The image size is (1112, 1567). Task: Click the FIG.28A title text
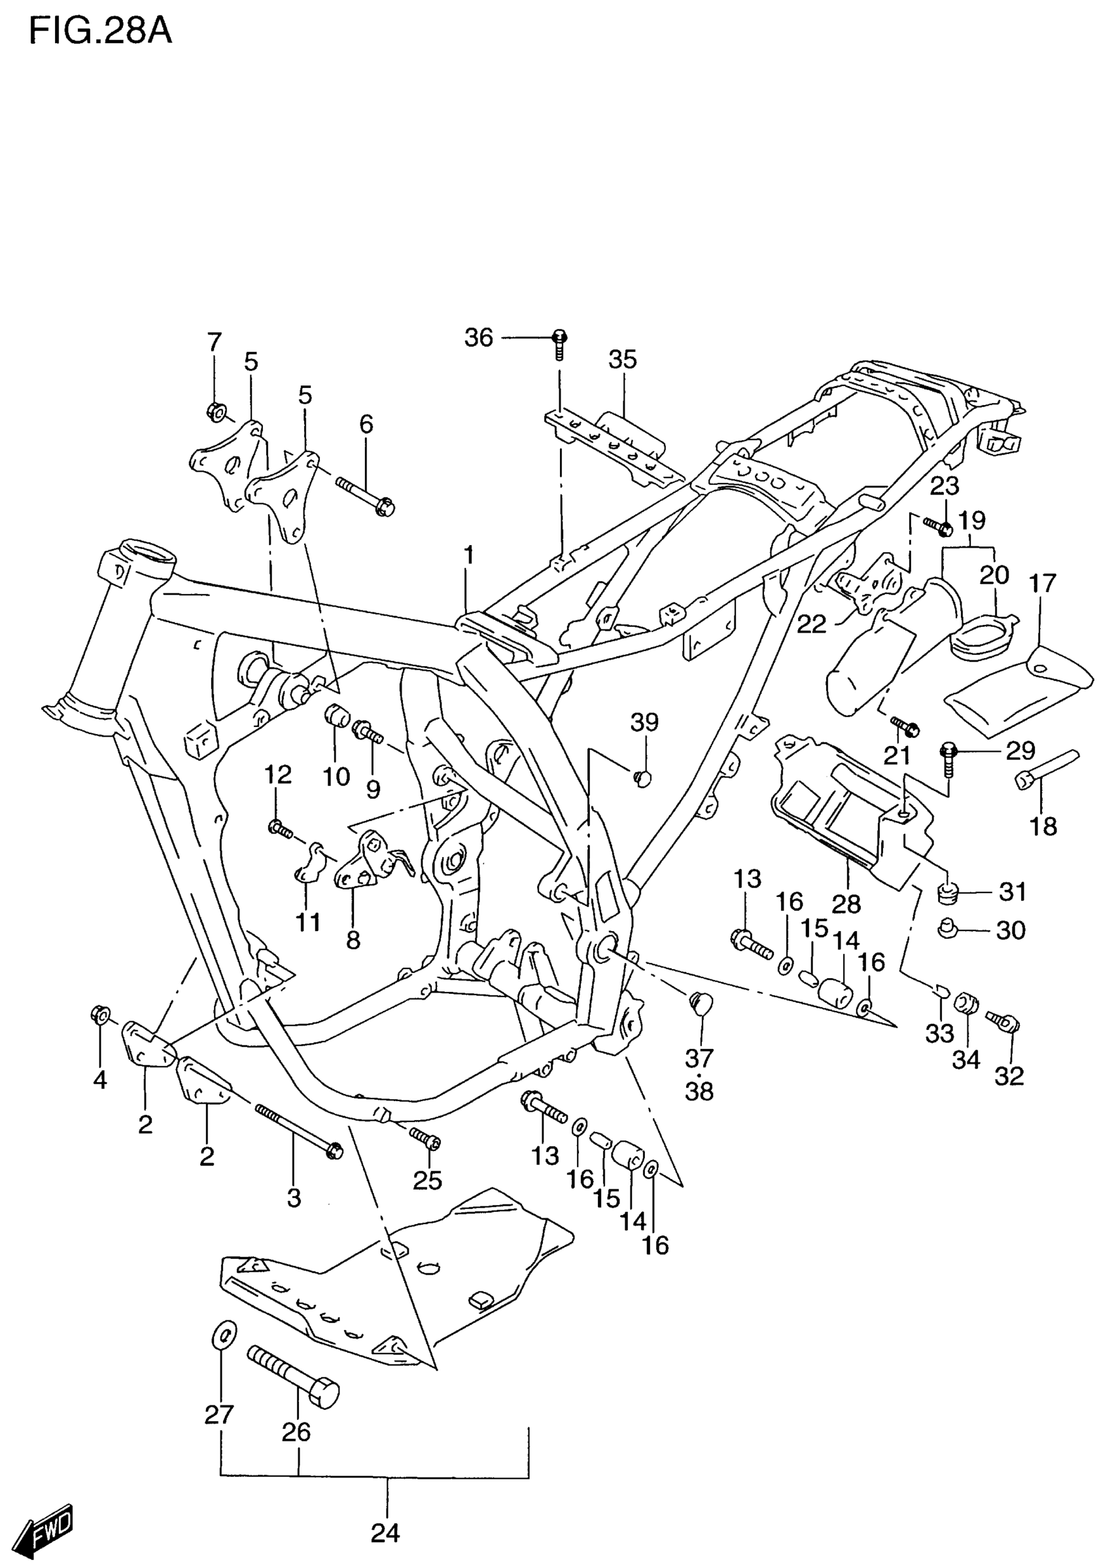100,31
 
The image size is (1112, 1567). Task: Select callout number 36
479,338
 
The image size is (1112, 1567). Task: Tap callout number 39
644,722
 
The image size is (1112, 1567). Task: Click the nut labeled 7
215,412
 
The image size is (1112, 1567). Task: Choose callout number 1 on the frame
468,555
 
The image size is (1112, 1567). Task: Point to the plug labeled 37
701,1002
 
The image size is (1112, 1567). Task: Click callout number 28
846,904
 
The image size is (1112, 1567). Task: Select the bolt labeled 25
425,1139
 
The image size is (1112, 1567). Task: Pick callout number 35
623,360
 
